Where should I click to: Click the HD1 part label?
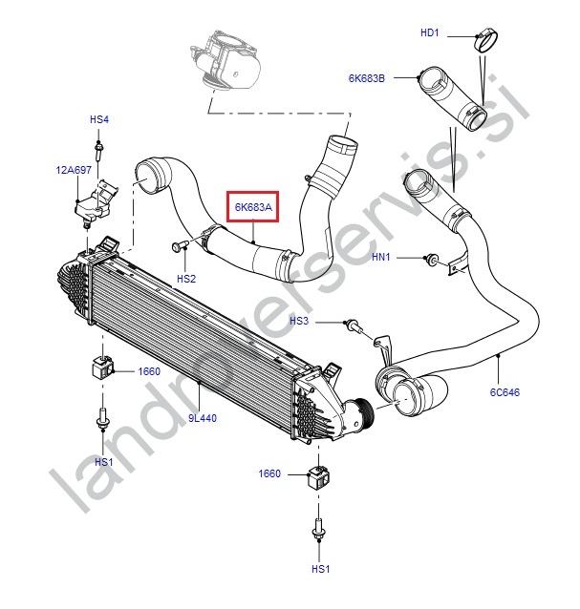tap(430, 32)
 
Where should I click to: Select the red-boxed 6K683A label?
tap(251, 206)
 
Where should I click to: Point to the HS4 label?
tap(99, 119)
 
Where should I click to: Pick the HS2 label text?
tap(185, 278)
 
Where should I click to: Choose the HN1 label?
tap(382, 258)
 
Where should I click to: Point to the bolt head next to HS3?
tap(354, 325)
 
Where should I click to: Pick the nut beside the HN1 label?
tap(433, 259)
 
